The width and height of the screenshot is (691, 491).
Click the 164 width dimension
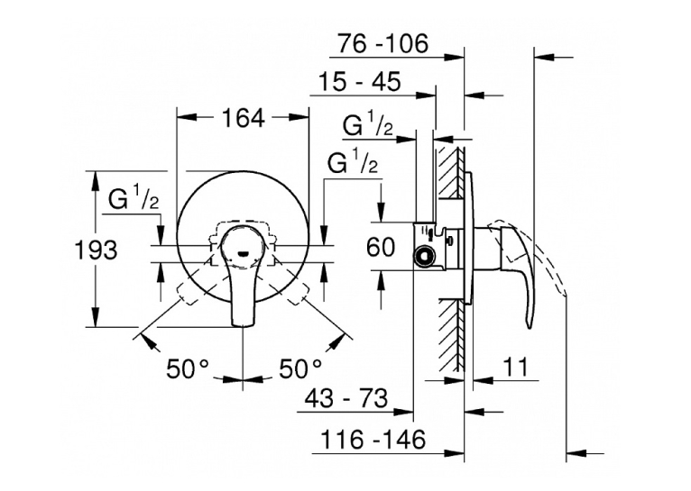tap(244, 118)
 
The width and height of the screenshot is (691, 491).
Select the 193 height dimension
tap(96, 250)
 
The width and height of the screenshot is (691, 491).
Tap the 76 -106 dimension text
tap(382, 43)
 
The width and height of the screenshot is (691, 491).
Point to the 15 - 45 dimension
tap(359, 82)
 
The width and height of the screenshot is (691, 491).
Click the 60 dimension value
tap(381, 247)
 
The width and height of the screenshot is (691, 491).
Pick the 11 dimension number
tap(515, 367)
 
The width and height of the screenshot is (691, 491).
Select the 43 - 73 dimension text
tap(346, 398)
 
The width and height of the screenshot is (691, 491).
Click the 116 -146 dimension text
tap(373, 439)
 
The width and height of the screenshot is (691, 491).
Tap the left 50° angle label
tap(187, 368)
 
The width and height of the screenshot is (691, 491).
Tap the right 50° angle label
tap(300, 368)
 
